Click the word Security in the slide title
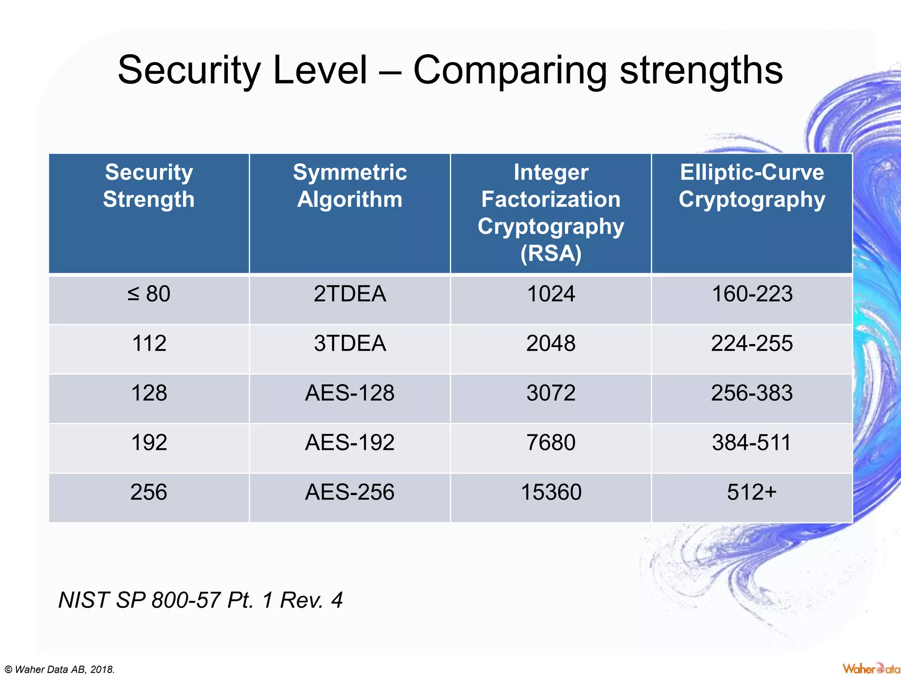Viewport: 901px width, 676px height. point(189,70)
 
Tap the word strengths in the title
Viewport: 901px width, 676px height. point(701,70)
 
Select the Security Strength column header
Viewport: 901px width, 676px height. point(149,186)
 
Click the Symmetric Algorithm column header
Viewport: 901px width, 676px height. point(350,186)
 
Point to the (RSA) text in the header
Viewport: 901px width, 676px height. point(551,253)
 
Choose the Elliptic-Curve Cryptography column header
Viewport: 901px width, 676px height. point(752,186)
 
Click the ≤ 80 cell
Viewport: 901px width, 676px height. point(149,294)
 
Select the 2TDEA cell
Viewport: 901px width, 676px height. point(350,294)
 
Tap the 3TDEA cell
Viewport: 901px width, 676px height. point(350,343)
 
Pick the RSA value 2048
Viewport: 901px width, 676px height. point(551,343)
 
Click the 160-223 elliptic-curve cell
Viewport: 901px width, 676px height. point(752,294)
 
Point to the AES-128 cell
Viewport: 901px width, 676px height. point(350,393)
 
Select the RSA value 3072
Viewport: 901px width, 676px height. point(551,393)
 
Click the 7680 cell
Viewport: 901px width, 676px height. point(551,442)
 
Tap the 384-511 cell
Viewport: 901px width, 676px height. point(752,442)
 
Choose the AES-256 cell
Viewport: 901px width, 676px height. point(350,492)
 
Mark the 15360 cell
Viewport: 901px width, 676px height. point(551,492)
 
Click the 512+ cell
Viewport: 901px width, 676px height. point(752,492)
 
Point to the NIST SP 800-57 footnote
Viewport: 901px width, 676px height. point(200,600)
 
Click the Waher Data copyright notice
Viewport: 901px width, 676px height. point(60,669)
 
